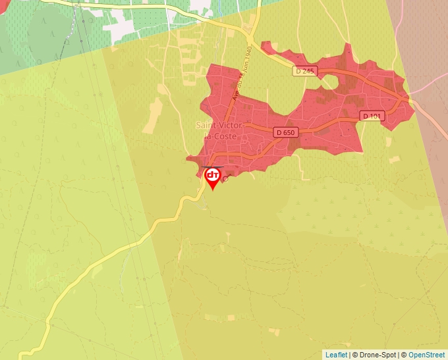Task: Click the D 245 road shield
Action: click(305, 71)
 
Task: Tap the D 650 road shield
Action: click(286, 132)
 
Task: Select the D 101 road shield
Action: click(372, 116)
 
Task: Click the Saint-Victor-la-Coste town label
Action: click(220, 130)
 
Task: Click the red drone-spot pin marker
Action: click(213, 178)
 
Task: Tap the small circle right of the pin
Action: click(225, 178)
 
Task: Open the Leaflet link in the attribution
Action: click(336, 355)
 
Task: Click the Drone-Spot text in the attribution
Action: click(378, 355)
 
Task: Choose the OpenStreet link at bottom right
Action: click(426, 355)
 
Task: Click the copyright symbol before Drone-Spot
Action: click(356, 355)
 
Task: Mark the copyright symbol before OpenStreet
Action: click(404, 355)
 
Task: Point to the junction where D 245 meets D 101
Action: click(409, 101)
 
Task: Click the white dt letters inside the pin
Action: click(213, 175)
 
